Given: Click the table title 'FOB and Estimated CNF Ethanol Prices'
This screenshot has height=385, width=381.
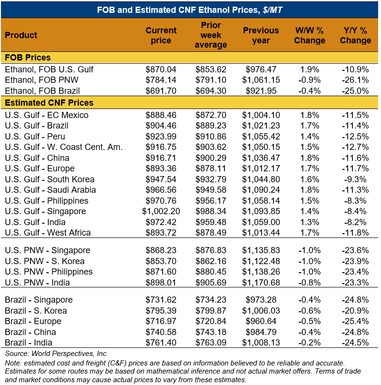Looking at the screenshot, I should [190, 9].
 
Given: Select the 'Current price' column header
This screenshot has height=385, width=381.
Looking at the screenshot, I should [161, 35].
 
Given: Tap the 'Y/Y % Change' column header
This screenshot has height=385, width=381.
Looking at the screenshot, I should [355, 35].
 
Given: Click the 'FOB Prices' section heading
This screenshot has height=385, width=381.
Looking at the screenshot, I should [28, 58].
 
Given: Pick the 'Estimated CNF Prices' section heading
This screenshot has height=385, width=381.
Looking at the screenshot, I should [49, 103].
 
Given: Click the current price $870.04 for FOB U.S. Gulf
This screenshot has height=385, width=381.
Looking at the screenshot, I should [161, 69].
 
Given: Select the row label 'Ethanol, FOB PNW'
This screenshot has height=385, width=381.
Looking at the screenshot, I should [41, 80].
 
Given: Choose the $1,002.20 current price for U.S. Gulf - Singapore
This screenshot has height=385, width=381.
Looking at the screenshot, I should [160, 211].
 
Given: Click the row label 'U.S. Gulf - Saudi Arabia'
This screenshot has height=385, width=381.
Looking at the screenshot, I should [50, 190].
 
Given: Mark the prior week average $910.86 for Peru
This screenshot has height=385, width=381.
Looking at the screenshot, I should [211, 137].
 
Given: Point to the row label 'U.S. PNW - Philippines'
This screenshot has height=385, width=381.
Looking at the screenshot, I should [49, 272].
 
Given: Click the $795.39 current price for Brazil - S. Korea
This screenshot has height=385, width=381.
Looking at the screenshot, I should [161, 311].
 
